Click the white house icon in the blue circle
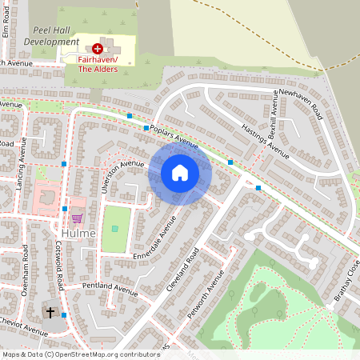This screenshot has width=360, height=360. (180, 172)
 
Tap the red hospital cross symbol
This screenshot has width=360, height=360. (98, 49)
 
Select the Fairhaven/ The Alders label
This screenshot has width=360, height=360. (98, 64)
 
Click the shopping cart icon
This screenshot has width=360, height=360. (77, 217)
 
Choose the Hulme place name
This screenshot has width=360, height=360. (78, 234)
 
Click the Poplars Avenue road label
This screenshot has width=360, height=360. (174, 136)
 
